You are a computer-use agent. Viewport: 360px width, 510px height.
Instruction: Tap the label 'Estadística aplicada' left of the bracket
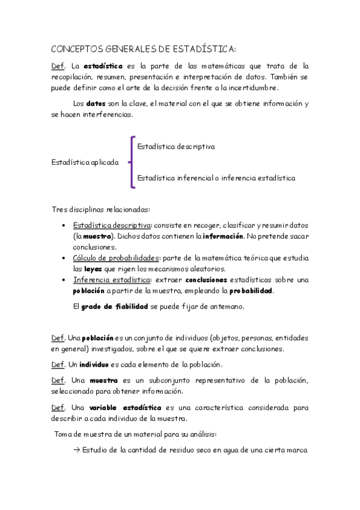point(85,162)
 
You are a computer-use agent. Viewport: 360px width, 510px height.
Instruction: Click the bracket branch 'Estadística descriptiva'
point(176,146)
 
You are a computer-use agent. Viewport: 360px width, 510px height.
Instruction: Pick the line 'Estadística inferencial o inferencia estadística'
point(216,178)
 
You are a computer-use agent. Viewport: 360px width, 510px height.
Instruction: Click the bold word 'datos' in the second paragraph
point(96,103)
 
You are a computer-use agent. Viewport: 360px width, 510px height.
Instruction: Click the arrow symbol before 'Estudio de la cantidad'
point(76,450)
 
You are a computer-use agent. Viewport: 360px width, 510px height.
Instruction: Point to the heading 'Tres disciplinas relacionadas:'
point(101,209)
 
